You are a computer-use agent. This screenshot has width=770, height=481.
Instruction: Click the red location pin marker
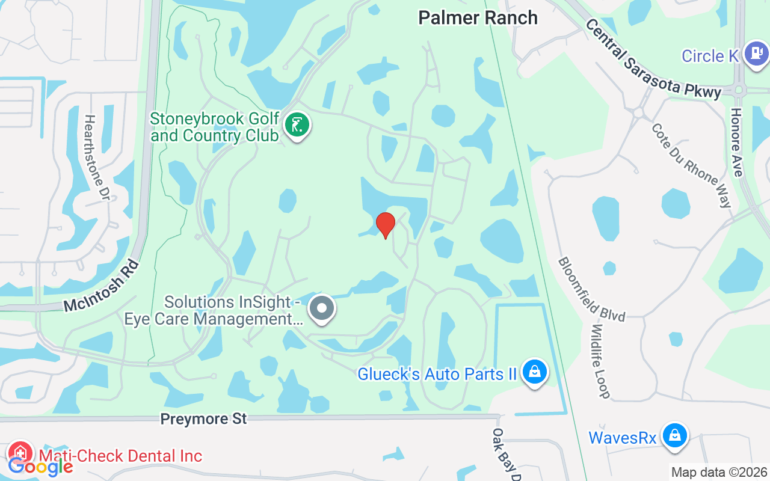(386, 225)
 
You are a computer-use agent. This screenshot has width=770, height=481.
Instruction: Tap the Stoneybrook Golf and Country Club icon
(297, 126)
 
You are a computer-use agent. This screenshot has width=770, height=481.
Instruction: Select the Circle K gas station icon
(756, 54)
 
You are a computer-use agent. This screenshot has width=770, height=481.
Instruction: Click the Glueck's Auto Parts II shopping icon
(534, 372)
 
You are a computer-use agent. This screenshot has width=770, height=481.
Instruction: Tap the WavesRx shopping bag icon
(675, 435)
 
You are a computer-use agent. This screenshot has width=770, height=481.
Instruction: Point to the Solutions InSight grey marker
(322, 308)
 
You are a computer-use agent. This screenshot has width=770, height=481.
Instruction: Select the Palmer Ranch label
(478, 17)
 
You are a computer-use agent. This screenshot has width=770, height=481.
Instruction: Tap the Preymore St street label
(203, 419)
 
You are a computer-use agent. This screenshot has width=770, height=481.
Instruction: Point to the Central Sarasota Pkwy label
(653, 58)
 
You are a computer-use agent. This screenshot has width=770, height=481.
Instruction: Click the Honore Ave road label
(737, 142)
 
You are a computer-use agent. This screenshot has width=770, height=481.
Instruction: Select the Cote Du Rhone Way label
(692, 165)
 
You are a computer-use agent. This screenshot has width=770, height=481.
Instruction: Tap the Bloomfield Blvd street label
(591, 289)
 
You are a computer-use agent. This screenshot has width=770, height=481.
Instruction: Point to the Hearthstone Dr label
(97, 158)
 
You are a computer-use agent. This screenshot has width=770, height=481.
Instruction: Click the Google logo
(40, 466)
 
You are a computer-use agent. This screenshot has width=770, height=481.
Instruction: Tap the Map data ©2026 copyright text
(719, 473)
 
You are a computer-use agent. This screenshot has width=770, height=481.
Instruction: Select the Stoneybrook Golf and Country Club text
(215, 127)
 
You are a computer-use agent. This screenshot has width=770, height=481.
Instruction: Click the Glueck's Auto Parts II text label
(437, 374)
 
